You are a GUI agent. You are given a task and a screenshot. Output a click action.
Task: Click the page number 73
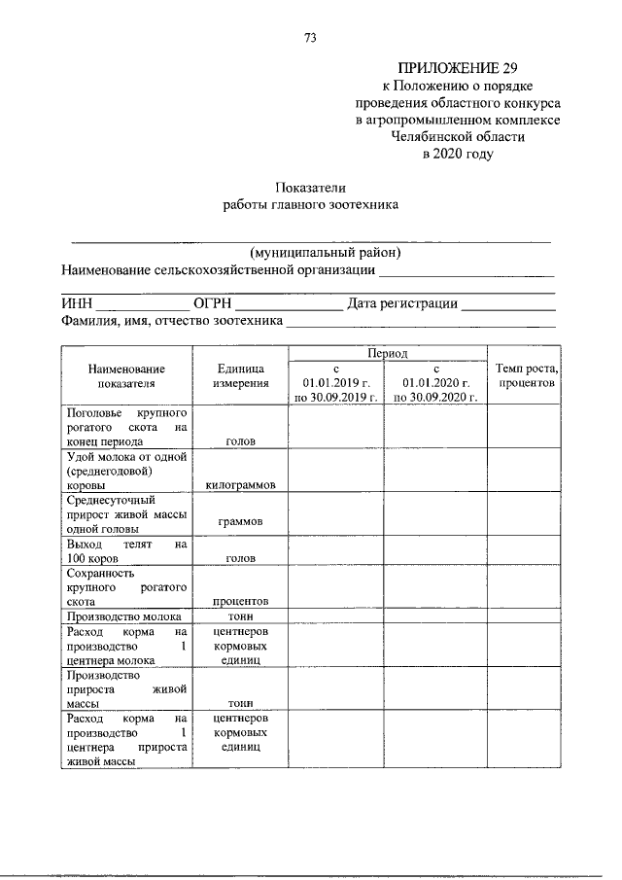tap(311, 38)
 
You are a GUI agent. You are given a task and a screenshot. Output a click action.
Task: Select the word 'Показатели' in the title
tap(311, 188)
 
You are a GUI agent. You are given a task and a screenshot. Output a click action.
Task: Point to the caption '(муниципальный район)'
tap(311, 253)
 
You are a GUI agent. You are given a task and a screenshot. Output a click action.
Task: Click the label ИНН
tap(76, 304)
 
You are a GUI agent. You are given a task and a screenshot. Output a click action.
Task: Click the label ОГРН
tap(213, 304)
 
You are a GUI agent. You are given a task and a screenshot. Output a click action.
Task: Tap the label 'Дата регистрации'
tap(402, 304)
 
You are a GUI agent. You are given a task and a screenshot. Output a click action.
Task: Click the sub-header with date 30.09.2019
tap(336, 399)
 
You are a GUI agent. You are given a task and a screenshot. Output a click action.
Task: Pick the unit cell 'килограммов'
tap(240, 483)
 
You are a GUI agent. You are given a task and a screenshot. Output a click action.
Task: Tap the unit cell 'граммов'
tap(240, 522)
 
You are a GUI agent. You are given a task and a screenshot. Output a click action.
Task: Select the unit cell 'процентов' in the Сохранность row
tap(240, 601)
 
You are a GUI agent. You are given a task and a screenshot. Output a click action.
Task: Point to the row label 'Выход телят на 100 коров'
tap(124, 552)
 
